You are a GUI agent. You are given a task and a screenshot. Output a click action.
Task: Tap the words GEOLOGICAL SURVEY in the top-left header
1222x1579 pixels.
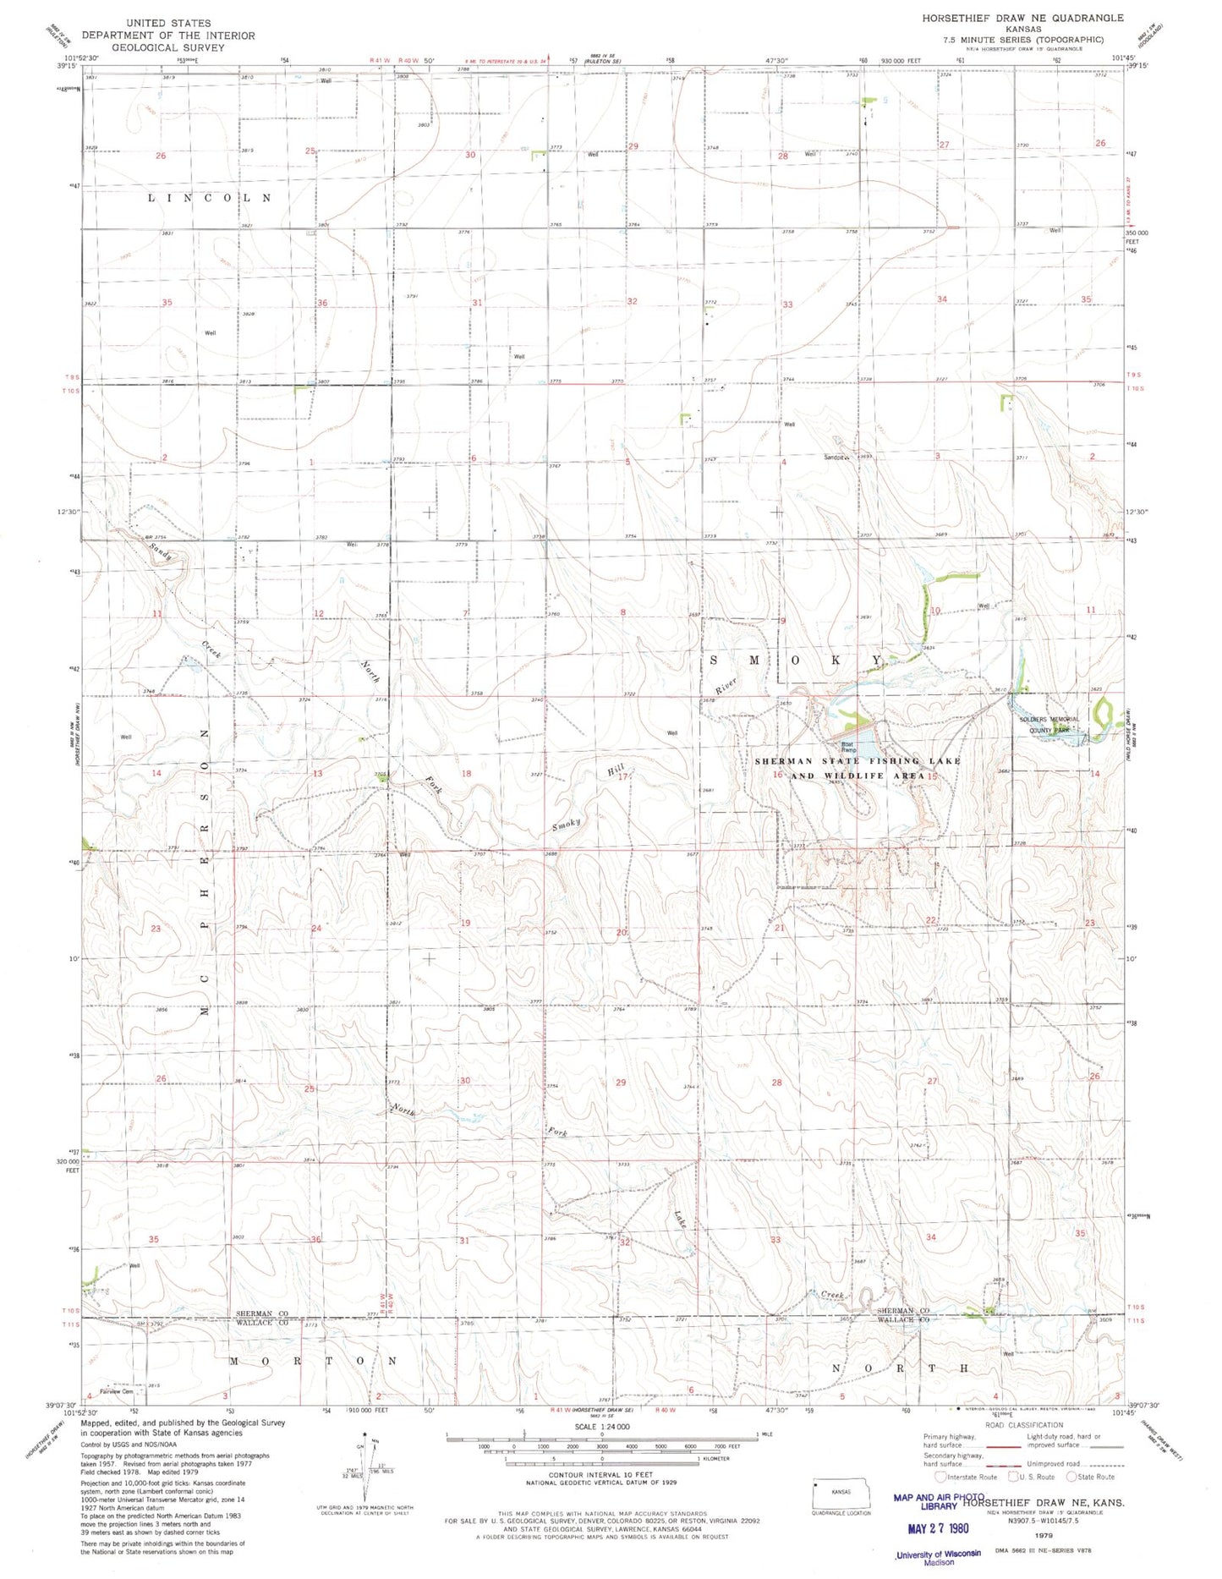[168, 47]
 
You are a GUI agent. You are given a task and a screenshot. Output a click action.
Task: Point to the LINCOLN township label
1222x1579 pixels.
[210, 198]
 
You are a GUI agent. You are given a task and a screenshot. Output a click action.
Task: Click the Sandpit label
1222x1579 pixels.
[836, 458]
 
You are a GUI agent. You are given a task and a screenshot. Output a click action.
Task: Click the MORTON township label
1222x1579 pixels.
[313, 1361]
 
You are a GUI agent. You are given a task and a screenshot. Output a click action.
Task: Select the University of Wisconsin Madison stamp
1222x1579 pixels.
[938, 1557]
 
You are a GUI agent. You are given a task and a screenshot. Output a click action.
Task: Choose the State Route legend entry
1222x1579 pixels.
[1090, 1477]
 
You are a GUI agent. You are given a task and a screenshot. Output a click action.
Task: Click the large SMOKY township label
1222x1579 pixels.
[792, 660]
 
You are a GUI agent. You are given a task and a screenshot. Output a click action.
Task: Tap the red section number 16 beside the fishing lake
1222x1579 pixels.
[777, 775]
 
